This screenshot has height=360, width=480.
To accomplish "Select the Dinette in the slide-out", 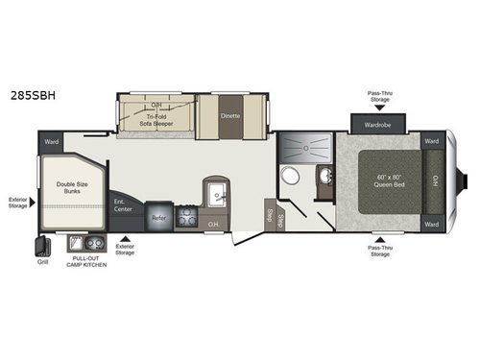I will pyautogui.click(x=230, y=116).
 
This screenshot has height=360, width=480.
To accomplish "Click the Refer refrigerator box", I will pyautogui.click(x=160, y=218).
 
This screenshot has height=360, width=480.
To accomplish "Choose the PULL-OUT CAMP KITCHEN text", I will pyautogui.click(x=87, y=262).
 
